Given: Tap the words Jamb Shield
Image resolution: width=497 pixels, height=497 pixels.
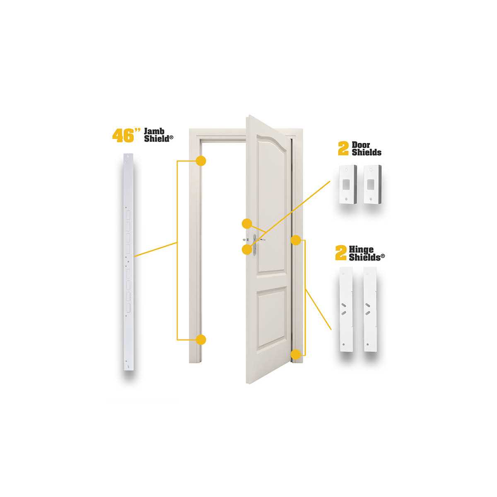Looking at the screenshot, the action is (158, 135).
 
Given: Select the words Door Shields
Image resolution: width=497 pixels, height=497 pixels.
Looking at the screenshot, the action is (367, 149).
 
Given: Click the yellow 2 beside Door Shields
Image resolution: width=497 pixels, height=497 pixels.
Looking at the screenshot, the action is (343, 149).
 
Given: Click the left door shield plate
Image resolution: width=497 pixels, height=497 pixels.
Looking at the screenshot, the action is (347, 185).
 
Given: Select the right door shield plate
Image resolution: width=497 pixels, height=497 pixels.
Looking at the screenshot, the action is (373, 185).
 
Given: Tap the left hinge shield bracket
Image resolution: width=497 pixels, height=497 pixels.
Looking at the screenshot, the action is (346, 309).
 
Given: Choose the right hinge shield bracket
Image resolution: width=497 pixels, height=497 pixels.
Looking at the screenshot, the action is (370, 309).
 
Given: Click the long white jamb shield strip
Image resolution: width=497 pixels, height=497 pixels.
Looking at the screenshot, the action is (128, 262).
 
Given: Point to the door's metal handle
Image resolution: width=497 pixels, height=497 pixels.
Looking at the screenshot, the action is (255, 244).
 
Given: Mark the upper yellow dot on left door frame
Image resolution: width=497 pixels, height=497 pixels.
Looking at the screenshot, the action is (201, 161).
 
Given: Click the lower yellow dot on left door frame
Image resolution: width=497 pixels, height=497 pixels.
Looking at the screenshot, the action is (201, 340).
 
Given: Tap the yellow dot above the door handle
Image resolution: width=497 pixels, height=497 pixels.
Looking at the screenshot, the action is (247, 224).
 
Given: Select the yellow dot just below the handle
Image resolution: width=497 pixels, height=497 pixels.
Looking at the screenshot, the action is (247, 249).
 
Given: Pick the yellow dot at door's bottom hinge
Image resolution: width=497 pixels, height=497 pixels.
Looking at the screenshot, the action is (296, 355).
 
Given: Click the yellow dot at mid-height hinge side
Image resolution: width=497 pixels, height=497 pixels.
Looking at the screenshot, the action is (296, 240).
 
